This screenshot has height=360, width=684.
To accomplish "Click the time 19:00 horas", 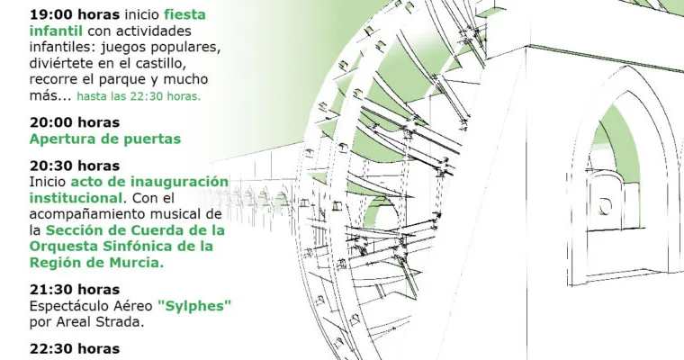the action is tap(75, 14).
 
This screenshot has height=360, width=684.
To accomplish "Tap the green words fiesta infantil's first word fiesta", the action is tap(184, 14).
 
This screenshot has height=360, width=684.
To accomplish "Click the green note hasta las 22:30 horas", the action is tap(139, 96).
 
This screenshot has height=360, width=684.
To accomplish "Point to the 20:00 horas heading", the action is tap(75, 122).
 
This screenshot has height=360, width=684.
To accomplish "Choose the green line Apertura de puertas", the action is tap(105, 139).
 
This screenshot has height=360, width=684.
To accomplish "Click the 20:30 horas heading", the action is tap(75, 166).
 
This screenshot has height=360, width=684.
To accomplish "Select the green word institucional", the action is tap(76, 198).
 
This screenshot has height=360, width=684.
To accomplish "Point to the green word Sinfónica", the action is tap(139, 246).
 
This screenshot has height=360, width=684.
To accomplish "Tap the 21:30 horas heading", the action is tap(75, 290).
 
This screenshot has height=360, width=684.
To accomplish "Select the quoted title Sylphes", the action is tap(194, 305).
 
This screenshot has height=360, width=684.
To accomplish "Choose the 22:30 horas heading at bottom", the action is tap(75, 349).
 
